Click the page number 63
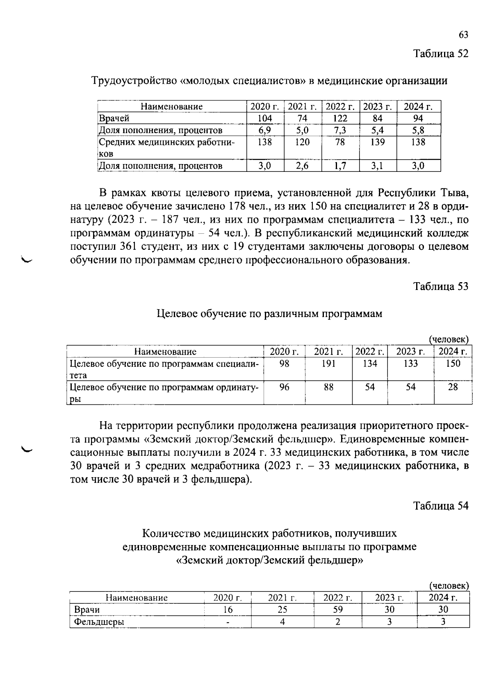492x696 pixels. click(x=463, y=35)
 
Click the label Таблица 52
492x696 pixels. click(x=441, y=54)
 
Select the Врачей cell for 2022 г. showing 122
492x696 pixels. click(x=340, y=119)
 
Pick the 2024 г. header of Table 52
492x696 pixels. click(x=418, y=107)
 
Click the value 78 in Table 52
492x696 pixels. click(x=340, y=142)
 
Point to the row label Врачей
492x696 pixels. click(x=114, y=119)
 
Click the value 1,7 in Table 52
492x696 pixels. click(x=340, y=166)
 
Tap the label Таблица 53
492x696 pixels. click(x=441, y=286)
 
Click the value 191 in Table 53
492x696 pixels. click(x=328, y=363)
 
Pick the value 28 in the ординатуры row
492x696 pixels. click(x=453, y=387)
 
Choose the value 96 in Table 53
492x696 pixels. click(x=284, y=387)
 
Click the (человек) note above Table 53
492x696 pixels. click(x=449, y=340)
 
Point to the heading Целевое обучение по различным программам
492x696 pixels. click(x=269, y=314)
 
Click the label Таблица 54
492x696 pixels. click(x=441, y=506)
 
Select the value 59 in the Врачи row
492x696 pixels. click(x=337, y=609)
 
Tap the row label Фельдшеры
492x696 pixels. click(x=99, y=622)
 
